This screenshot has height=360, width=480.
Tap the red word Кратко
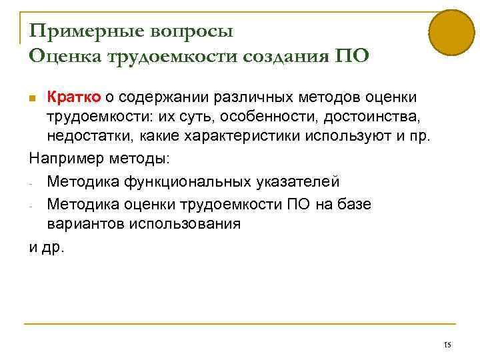[x=73, y=98]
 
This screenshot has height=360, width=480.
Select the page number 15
[x=447, y=345]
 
